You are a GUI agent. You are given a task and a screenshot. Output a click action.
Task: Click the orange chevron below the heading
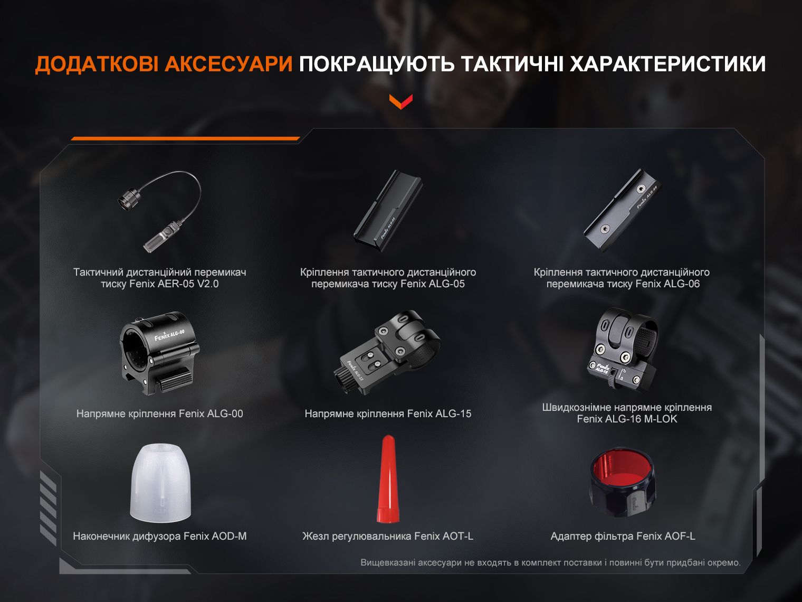point(401,101)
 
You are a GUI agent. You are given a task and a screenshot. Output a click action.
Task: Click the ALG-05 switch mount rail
point(388,209)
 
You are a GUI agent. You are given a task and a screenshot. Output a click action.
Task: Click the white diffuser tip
point(160,484)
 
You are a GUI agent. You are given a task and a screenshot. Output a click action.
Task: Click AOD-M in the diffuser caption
point(229,537)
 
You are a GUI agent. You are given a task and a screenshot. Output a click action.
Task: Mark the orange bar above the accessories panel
point(185,138)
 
